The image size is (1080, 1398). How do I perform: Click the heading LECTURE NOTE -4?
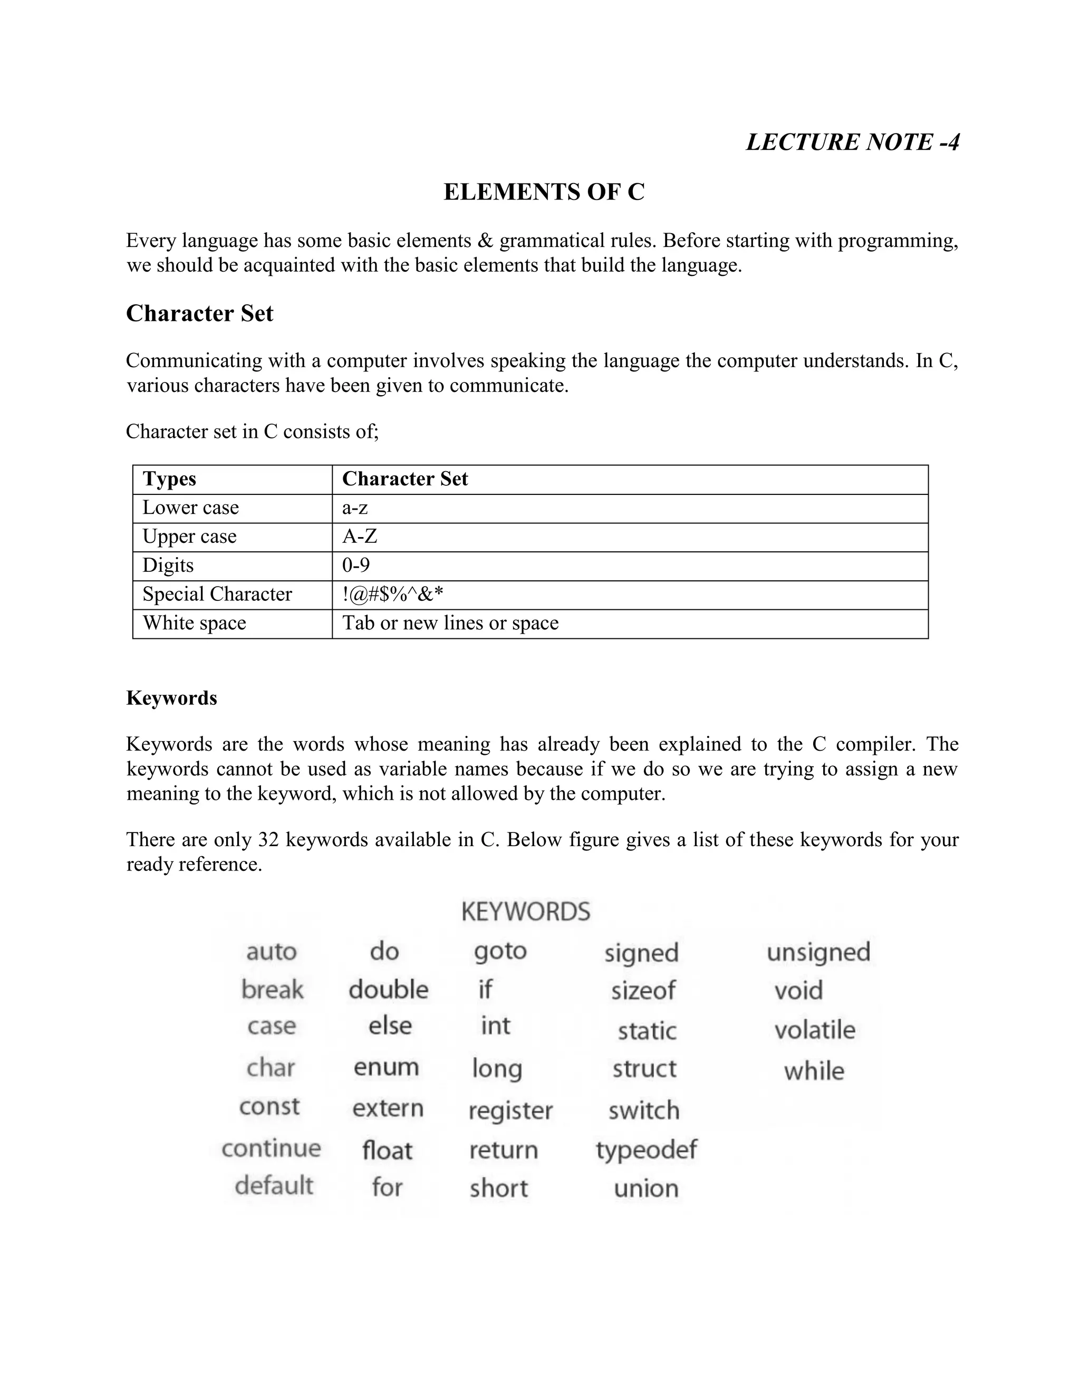coord(852,142)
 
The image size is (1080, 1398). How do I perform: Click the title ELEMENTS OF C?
coord(544,192)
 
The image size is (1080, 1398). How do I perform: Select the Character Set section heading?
coord(200,314)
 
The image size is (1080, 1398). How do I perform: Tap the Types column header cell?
coord(170,479)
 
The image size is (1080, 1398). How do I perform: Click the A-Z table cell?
coord(360,537)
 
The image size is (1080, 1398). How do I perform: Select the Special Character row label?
coord(217,594)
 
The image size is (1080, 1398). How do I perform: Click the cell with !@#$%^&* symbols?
coord(392,594)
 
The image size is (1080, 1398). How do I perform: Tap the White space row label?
coord(194,623)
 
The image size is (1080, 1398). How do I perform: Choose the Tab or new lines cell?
coord(450,623)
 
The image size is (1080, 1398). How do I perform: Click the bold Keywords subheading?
coord(171,698)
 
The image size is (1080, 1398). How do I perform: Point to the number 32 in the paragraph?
coord(268,839)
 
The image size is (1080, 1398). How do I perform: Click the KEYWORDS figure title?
coord(525,912)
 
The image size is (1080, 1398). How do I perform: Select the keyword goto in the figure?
coord(500,951)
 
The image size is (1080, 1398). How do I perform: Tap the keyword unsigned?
coord(818,952)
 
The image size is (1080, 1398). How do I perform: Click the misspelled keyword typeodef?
coord(646,1150)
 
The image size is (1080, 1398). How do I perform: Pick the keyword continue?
coord(271,1148)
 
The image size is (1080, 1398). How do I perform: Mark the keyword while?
coord(814,1071)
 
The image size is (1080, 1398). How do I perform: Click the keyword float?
coord(387,1150)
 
